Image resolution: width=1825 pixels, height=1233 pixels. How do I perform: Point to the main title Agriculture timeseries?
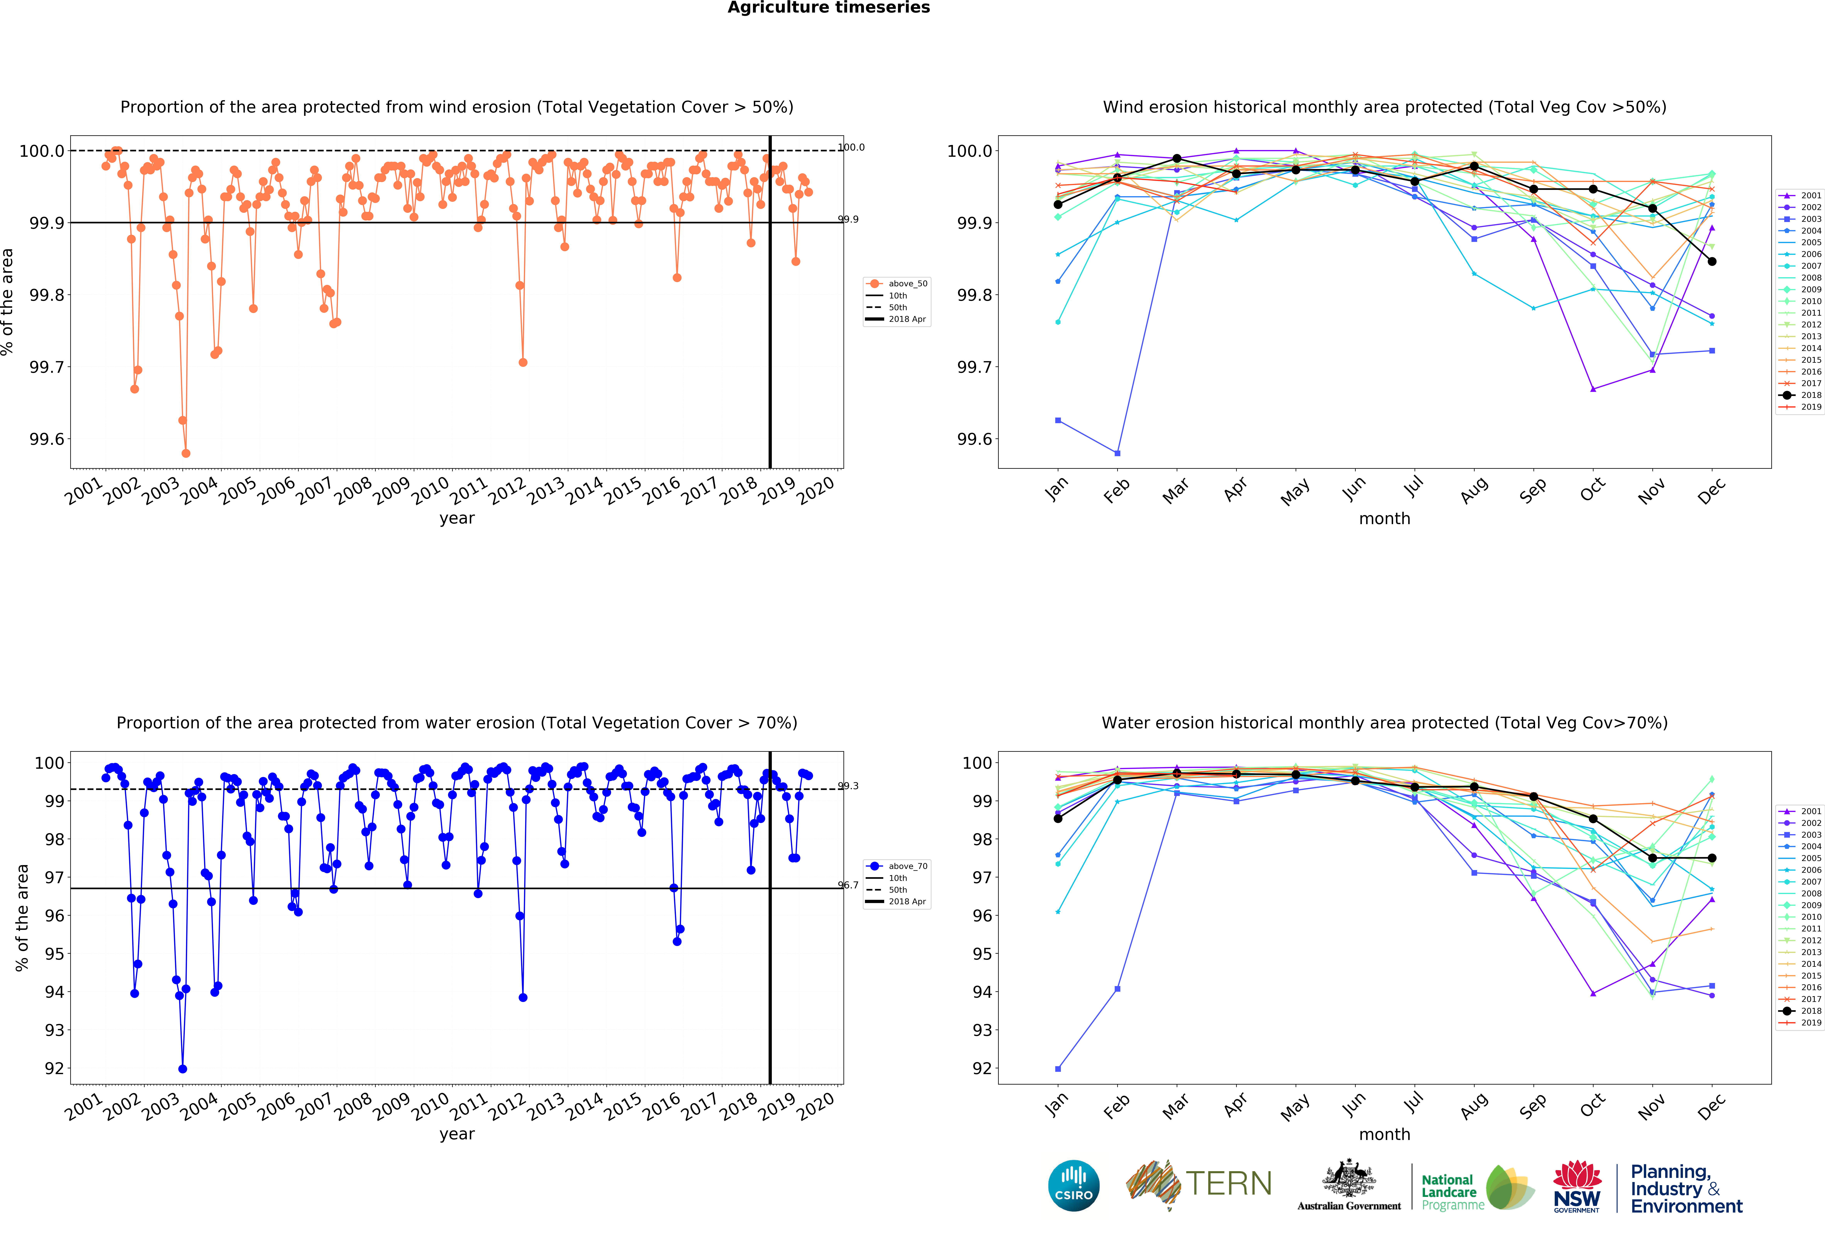point(828,8)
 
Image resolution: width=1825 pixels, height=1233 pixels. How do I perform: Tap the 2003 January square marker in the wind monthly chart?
point(1058,421)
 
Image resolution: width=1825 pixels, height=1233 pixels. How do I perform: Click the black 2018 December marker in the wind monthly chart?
point(1712,262)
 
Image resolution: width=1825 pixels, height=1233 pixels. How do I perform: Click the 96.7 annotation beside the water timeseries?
point(848,885)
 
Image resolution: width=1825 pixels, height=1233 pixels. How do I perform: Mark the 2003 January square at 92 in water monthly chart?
point(1058,1069)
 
